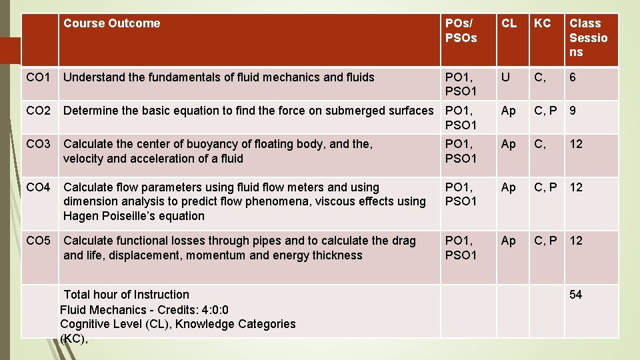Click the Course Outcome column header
click(112, 23)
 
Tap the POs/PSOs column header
click(461, 31)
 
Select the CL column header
click(509, 23)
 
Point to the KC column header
click(543, 23)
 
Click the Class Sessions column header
click(588, 37)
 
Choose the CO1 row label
click(38, 77)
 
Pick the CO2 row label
click(38, 111)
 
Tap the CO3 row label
click(38, 144)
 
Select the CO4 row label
click(38, 187)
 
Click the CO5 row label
click(38, 241)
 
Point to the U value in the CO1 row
click(506, 77)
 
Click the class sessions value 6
click(573, 77)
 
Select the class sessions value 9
click(573, 111)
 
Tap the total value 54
click(575, 295)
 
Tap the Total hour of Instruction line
click(127, 295)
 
